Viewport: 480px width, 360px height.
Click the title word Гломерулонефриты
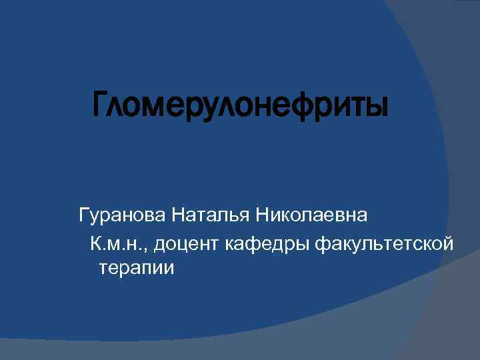tap(240, 105)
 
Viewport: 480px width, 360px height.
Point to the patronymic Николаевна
tap(313, 216)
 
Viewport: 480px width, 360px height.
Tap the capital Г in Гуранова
tap(84, 216)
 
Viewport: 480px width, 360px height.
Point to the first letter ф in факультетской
tap(319, 245)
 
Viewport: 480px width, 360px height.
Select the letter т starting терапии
tap(103, 269)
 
